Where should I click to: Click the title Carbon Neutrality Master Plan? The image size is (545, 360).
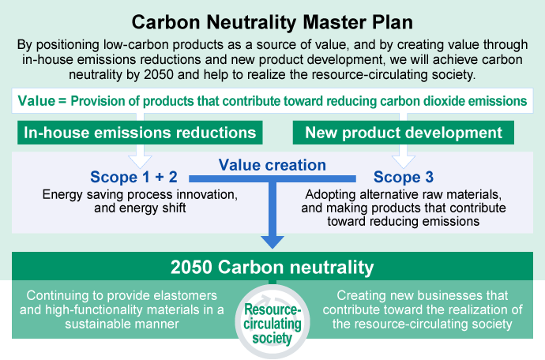[272, 21]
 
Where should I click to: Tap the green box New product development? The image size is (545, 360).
[404, 133]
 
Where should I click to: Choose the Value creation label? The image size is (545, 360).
[272, 165]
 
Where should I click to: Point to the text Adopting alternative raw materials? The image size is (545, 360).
[402, 194]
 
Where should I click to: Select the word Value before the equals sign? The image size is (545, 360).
[33, 100]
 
